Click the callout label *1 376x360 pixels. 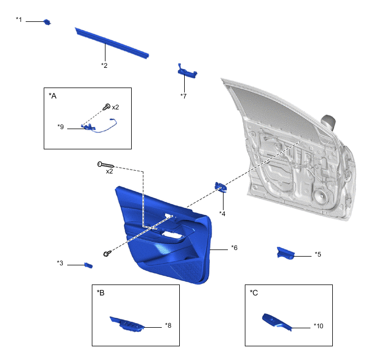point(19,20)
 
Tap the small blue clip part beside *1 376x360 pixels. point(47,22)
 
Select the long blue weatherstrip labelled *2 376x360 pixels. point(112,43)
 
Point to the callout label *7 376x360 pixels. point(184,96)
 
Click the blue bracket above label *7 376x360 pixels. point(187,71)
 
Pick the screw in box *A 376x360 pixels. point(107,107)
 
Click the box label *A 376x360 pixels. point(52,96)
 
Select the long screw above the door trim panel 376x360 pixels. point(106,165)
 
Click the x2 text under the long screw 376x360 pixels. point(109,171)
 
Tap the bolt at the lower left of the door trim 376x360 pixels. point(107,253)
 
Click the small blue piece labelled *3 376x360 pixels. point(89,265)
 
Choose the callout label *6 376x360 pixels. point(234,248)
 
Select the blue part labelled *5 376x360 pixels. point(285,253)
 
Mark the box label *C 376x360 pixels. point(254,293)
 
